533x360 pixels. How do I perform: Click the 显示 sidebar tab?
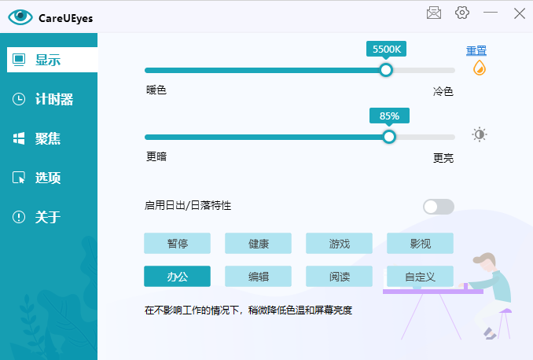52,60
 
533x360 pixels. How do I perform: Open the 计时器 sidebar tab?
52,99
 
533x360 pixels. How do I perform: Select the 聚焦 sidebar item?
52,138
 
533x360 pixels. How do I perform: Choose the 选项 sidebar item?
52,178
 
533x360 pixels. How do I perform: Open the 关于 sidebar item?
52,217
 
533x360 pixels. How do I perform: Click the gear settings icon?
462,13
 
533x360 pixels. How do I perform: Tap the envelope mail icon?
434,13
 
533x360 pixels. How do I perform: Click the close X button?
520,13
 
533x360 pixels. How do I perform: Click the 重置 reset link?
476,50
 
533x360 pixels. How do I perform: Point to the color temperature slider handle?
386,70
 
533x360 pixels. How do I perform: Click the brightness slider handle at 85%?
389,137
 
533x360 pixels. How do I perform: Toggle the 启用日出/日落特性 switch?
439,207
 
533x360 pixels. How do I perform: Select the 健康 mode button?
259,244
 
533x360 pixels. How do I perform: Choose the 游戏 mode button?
340,244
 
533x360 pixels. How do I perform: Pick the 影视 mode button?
420,244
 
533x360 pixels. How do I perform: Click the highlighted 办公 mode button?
177,277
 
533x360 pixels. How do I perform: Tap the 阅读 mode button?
340,277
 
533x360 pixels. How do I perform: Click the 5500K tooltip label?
387,49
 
